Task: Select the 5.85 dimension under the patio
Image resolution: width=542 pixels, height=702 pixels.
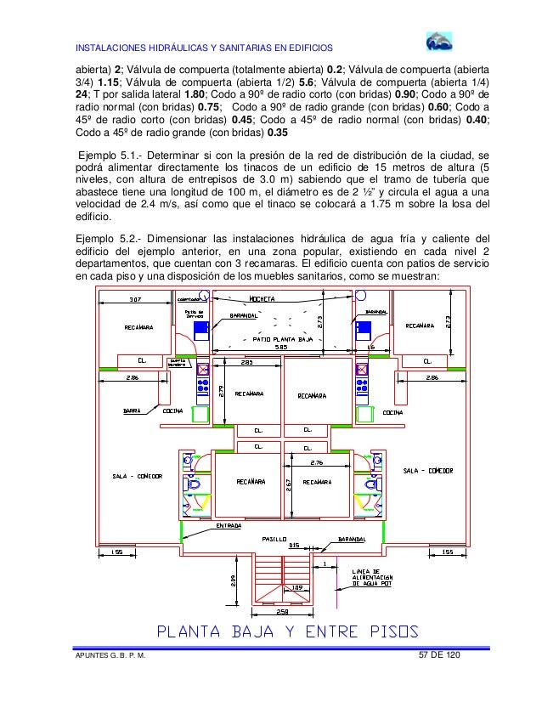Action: (x=279, y=347)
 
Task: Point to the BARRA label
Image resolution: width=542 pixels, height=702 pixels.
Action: (x=131, y=410)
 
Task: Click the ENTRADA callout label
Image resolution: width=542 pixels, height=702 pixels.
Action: (x=229, y=525)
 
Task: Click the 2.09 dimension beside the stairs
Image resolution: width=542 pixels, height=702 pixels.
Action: (x=234, y=580)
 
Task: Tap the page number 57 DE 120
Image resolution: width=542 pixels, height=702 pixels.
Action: (x=442, y=655)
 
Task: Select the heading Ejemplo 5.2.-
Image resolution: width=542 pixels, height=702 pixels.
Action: (x=106, y=238)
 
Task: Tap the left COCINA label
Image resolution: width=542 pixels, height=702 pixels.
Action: (x=172, y=410)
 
